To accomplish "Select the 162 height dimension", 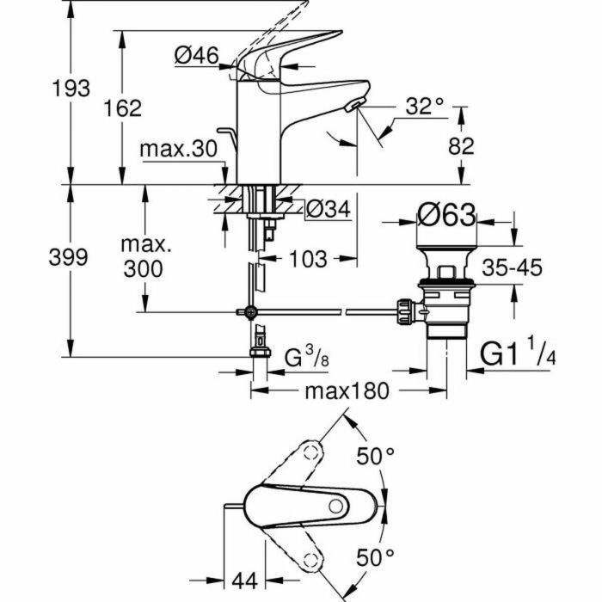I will pos(123,107).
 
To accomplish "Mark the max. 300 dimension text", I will pos(143,256).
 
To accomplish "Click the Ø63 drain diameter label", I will pos(445,216).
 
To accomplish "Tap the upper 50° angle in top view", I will pos(376,457).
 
